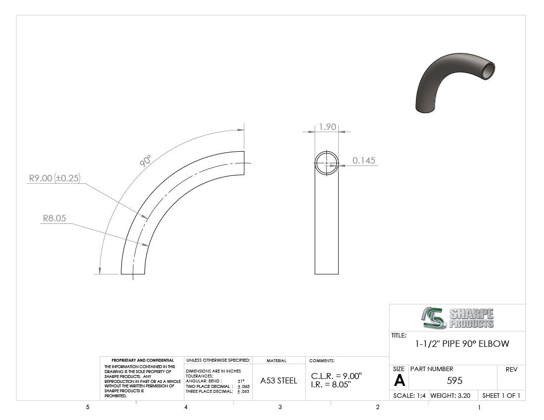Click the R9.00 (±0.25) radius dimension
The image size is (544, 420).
(54, 178)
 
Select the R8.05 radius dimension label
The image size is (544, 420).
(54, 218)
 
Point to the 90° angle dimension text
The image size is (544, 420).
(146, 161)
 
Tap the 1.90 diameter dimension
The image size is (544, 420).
(327, 127)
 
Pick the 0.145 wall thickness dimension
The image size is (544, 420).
(364, 161)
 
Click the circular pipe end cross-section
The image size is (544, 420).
(326, 151)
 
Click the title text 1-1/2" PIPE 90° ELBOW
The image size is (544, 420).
(462, 344)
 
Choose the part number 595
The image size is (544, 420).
(454, 381)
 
